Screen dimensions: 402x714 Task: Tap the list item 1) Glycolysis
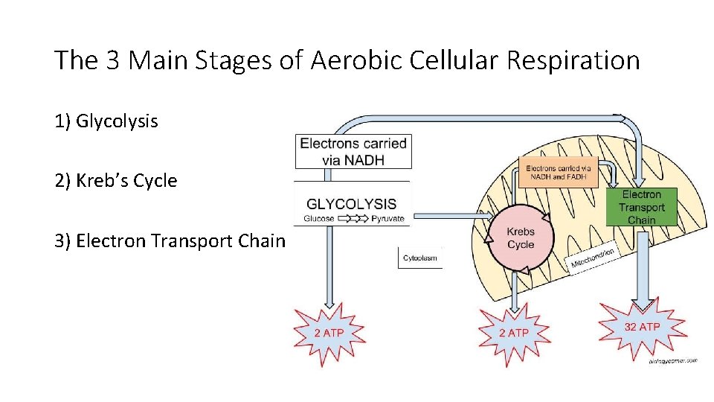point(106,121)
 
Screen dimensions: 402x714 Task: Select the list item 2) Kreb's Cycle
point(116,181)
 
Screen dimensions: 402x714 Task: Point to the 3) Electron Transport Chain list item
point(170,240)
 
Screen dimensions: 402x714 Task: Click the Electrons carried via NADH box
point(353,151)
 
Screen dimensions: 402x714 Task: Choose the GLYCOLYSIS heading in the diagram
point(352,204)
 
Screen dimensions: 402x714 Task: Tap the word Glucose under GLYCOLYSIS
point(319,219)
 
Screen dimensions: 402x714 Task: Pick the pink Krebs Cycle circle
point(521,238)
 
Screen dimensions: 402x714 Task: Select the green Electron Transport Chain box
point(641,207)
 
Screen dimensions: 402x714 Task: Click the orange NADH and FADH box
point(558,173)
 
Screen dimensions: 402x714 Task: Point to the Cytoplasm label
point(420,258)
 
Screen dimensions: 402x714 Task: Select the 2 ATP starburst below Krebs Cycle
point(513,333)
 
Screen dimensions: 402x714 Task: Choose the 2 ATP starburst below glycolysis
point(329,333)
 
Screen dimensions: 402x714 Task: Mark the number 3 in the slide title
point(114,60)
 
